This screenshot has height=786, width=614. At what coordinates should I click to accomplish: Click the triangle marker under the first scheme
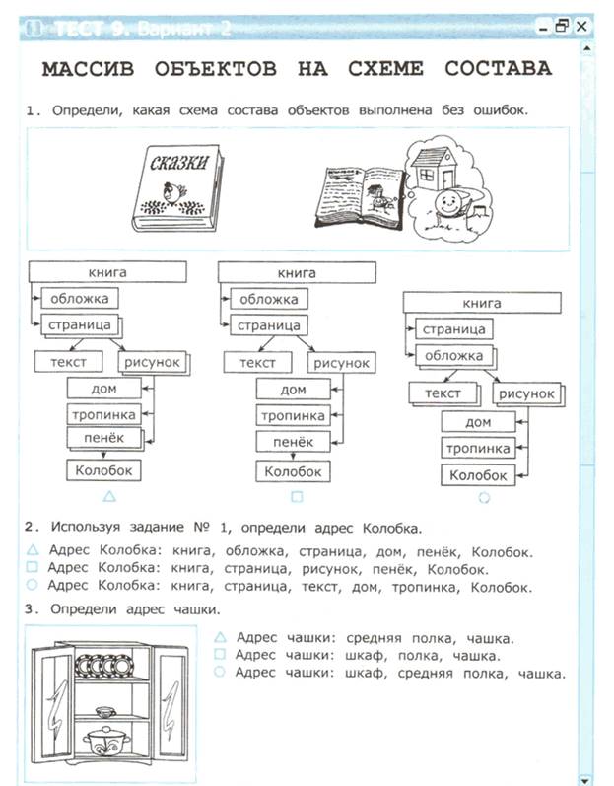pos(109,495)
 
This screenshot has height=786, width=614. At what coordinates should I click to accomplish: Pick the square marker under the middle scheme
pos(297,496)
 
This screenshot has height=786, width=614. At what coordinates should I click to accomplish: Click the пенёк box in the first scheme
pos(103,441)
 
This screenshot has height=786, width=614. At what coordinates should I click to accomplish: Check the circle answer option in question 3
pos(218,674)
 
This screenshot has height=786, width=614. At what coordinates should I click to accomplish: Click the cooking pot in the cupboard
pos(102,740)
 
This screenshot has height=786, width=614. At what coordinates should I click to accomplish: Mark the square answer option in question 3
pos(218,655)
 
